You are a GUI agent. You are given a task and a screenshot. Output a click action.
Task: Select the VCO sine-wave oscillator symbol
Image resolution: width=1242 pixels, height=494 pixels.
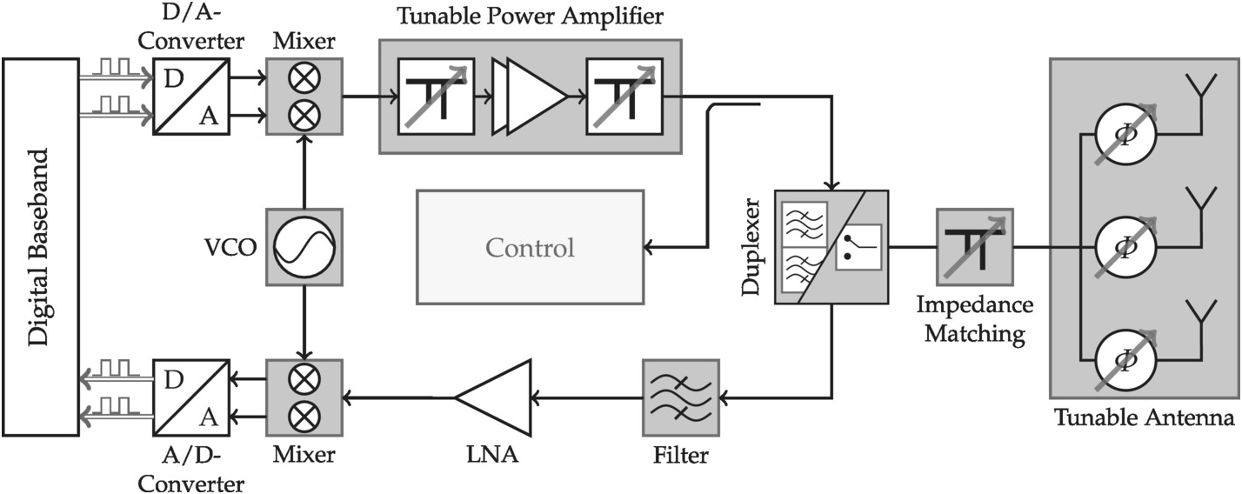pyautogui.click(x=304, y=247)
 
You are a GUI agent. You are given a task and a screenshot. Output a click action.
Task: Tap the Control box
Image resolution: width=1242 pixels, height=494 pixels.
pyautogui.click(x=531, y=247)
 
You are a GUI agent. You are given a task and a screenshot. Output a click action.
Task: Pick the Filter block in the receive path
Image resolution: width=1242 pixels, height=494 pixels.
pyautogui.click(x=681, y=397)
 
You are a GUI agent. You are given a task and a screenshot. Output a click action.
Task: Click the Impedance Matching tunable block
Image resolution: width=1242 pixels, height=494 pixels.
pyautogui.click(x=974, y=247)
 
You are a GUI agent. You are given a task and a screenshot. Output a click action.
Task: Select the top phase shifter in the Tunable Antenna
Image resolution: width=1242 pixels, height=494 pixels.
pyautogui.click(x=1125, y=136)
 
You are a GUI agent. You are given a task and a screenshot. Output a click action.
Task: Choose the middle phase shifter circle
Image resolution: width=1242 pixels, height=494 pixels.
pyautogui.click(x=1125, y=247)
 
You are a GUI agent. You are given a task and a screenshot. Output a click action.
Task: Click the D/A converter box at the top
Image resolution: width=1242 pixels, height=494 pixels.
pyautogui.click(x=191, y=97)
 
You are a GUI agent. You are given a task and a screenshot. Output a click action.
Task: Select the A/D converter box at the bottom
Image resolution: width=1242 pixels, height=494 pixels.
pyautogui.click(x=191, y=397)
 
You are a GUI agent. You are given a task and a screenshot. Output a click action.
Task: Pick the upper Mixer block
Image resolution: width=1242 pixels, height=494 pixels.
pyautogui.click(x=304, y=97)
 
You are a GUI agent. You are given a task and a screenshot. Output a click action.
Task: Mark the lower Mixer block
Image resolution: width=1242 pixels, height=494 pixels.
pyautogui.click(x=304, y=397)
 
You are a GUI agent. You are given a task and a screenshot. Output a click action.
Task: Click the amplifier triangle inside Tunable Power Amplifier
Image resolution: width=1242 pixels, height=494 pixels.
pyautogui.click(x=532, y=97)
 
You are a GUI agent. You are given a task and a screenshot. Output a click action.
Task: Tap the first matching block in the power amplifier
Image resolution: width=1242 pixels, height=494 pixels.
pyautogui.click(x=436, y=97)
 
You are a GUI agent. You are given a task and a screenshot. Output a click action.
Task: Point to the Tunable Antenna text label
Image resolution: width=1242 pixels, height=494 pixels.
pyautogui.click(x=1144, y=418)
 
